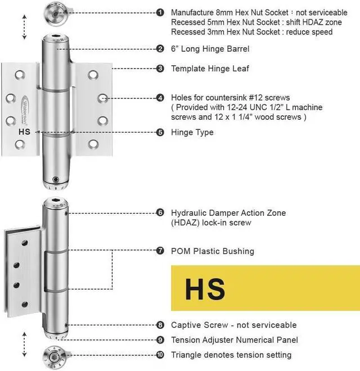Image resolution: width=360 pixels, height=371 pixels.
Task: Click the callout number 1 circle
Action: [160, 12]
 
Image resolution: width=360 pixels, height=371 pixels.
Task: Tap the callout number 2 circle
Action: [160, 49]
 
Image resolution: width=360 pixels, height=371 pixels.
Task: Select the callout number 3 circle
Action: [160, 69]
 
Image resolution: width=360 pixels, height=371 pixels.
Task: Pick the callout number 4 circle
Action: [160, 98]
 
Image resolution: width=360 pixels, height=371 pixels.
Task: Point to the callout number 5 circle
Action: [160, 132]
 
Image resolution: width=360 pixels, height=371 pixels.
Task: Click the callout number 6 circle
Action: [160, 213]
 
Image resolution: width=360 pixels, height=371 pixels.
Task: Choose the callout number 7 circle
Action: [160, 251]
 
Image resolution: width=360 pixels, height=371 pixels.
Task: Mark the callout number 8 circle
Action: [160, 325]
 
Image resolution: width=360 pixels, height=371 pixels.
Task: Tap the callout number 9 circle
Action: [160, 340]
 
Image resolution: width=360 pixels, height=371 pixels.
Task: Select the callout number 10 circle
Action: [160, 355]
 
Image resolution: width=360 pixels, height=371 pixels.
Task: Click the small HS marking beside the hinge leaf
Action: [25, 132]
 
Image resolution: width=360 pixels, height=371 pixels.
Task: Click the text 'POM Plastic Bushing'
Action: [212, 251]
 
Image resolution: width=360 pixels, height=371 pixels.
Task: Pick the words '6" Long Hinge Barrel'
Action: [202, 49]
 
